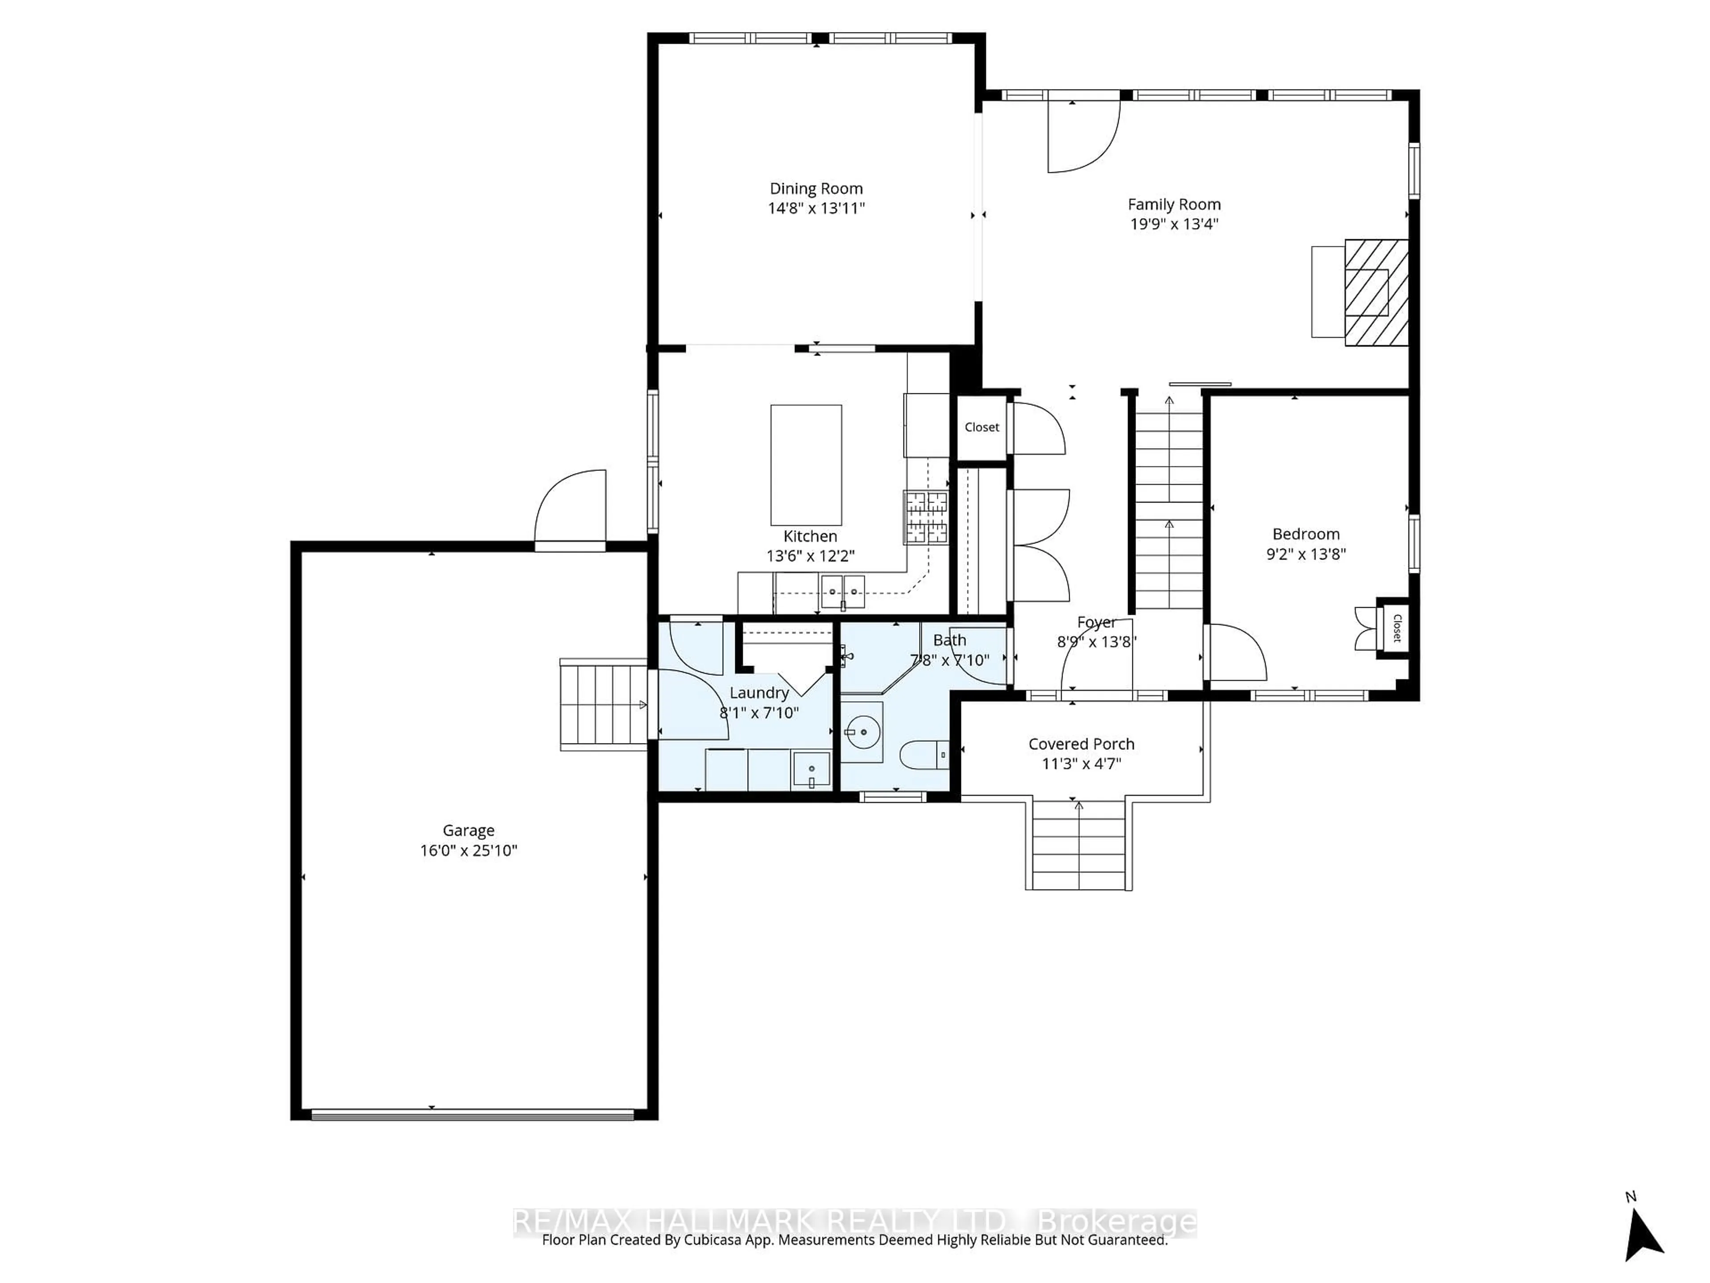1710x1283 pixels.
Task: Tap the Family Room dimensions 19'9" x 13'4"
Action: click(x=1173, y=224)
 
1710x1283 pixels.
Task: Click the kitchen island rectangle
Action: click(x=806, y=465)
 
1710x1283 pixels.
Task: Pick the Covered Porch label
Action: click(x=1081, y=744)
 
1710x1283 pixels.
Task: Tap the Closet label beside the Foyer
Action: click(x=982, y=427)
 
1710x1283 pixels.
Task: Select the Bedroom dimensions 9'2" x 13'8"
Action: click(x=1306, y=554)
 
